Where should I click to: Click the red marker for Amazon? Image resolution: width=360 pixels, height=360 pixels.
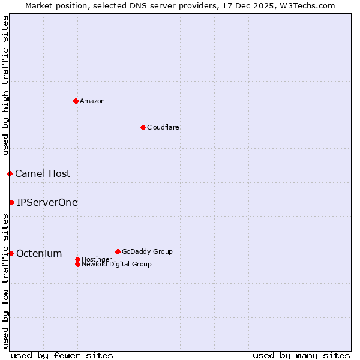pyautogui.click(x=76, y=101)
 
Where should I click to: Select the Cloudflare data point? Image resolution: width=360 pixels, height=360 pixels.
pyautogui.click(x=143, y=127)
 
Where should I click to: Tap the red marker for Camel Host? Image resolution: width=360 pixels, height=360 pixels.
pyautogui.click(x=10, y=173)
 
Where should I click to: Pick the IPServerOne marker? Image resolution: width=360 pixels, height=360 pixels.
pyautogui.click(x=11, y=202)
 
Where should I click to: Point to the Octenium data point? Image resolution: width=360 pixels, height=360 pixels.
pyautogui.click(x=11, y=253)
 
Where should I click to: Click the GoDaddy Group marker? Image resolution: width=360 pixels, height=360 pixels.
pyautogui.click(x=118, y=251)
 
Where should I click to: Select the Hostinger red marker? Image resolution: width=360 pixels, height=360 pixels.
pyautogui.click(x=77, y=259)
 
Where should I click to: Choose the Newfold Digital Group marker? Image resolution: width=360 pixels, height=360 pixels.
pyautogui.click(x=77, y=264)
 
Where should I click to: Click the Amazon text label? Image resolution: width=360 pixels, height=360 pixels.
pyautogui.click(x=92, y=101)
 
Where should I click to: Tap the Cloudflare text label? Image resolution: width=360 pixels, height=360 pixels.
pyautogui.click(x=163, y=127)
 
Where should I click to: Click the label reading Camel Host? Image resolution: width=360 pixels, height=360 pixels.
pyautogui.click(x=43, y=173)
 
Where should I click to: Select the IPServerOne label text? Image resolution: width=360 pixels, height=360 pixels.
pyautogui.click(x=47, y=202)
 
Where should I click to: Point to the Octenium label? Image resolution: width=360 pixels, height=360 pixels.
pyautogui.click(x=39, y=253)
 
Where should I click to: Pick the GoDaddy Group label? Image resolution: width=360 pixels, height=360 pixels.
pyautogui.click(x=147, y=251)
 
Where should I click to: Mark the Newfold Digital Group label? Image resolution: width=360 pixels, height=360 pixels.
pyautogui.click(x=117, y=265)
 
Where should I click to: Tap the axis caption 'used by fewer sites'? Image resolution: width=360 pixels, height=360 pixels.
pyautogui.click(x=62, y=355)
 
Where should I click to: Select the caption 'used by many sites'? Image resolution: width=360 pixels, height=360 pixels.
pyautogui.click(x=301, y=355)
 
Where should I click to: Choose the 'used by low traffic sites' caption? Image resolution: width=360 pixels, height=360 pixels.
pyautogui.click(x=5, y=281)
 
